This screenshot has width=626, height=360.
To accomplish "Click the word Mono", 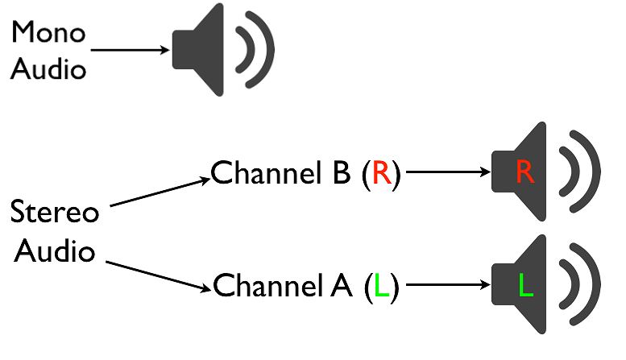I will [x=48, y=34].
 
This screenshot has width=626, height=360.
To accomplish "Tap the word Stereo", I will [x=54, y=214].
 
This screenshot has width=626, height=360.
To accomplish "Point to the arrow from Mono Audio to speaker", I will [x=129, y=50].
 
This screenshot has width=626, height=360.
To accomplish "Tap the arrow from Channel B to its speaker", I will [x=447, y=172].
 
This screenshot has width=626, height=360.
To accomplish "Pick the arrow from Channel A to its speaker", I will [x=447, y=286].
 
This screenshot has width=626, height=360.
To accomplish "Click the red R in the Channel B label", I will [x=381, y=172].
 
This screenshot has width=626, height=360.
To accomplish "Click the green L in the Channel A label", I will [x=381, y=286].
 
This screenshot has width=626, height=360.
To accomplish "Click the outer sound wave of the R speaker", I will [x=595, y=171].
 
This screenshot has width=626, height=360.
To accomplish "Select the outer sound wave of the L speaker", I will [x=595, y=285].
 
